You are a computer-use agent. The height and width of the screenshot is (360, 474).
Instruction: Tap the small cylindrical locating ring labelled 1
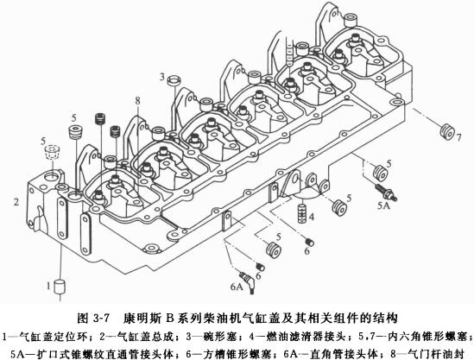pyautogui.click(x=60, y=286)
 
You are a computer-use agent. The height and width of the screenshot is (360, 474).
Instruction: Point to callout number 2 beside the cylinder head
pyautogui.click(x=16, y=201)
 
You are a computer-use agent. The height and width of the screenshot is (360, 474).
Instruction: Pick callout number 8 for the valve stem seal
pyautogui.click(x=136, y=101)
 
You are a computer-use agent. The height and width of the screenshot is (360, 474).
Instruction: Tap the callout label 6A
pyautogui.click(x=236, y=281)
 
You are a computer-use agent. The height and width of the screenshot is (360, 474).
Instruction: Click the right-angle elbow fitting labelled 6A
pyautogui.click(x=249, y=277)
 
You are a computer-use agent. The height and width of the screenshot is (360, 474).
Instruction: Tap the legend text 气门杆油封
pyautogui.click(x=436, y=350)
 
